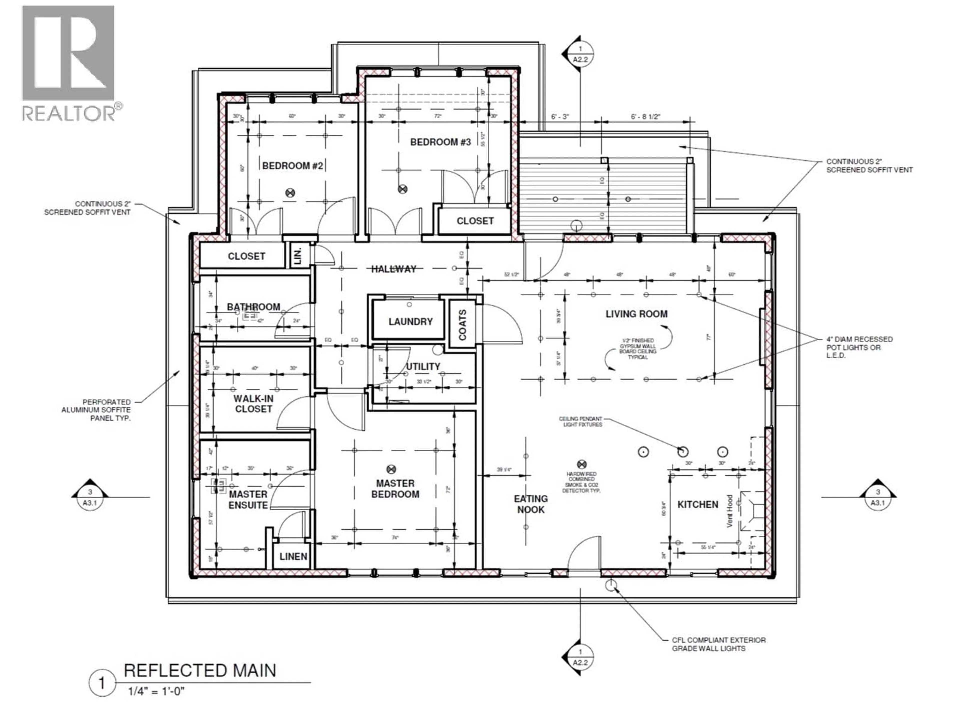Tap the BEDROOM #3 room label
pyautogui.click(x=440, y=142)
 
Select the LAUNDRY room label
pyautogui.click(x=410, y=321)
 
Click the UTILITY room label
pyautogui.click(x=423, y=367)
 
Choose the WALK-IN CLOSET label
pyautogui.click(x=253, y=403)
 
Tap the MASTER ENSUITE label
pyautogui.click(x=248, y=499)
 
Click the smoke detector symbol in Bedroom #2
pyautogui.click(x=291, y=193)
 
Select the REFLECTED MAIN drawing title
pyautogui.click(x=200, y=670)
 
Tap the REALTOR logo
pyautogui.click(x=69, y=63)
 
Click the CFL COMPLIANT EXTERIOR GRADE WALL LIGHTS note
pyautogui.click(x=719, y=644)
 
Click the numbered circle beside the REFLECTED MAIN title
pyautogui.click(x=102, y=683)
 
